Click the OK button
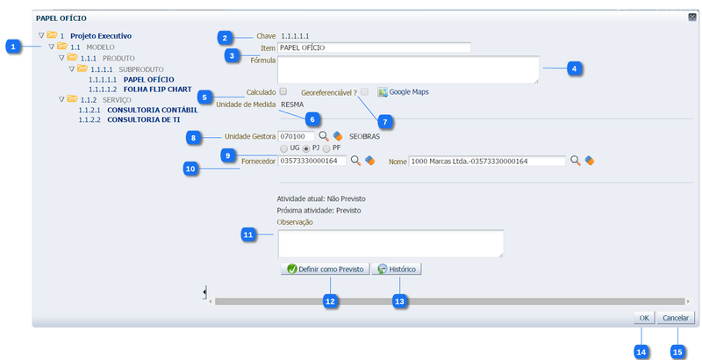tap(644, 318)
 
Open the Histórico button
tap(397, 270)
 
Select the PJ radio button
tap(306, 148)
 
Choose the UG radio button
tap(283, 148)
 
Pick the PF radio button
tap(326, 148)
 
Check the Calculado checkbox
tap(283, 91)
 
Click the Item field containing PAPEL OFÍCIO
tap(374, 48)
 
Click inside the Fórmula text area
tap(409, 69)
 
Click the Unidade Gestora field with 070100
tap(296, 136)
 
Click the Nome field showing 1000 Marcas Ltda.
tap(487, 161)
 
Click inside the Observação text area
tap(390, 243)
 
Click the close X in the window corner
tap(691, 18)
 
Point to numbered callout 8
tap(195, 137)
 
